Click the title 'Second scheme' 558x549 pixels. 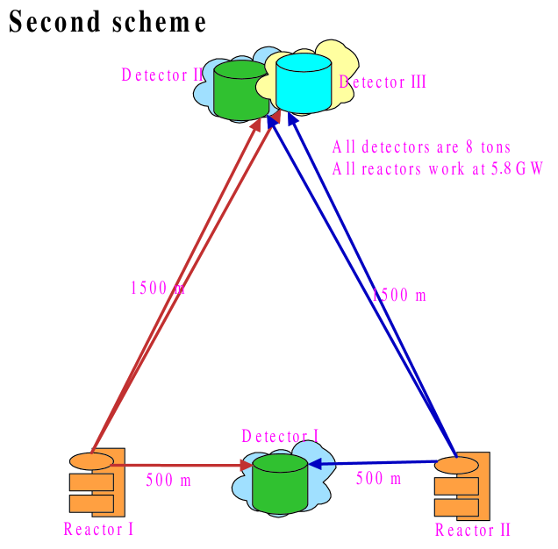click(x=108, y=23)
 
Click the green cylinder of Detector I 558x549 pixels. click(x=279, y=483)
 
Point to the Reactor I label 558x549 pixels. click(x=98, y=529)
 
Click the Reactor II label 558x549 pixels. click(x=472, y=530)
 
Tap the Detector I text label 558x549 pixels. click(x=280, y=436)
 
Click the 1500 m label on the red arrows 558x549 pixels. click(x=157, y=288)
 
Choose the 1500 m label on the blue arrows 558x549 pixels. click(x=399, y=296)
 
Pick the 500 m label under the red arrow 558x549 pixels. click(x=168, y=480)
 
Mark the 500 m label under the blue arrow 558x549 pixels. click(x=378, y=479)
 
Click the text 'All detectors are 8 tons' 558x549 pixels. click(x=421, y=147)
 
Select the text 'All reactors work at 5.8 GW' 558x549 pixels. click(x=438, y=169)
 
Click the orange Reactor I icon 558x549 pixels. click(x=97, y=483)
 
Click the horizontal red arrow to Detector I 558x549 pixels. click(x=175, y=465)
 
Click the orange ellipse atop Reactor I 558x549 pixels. click(x=91, y=461)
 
